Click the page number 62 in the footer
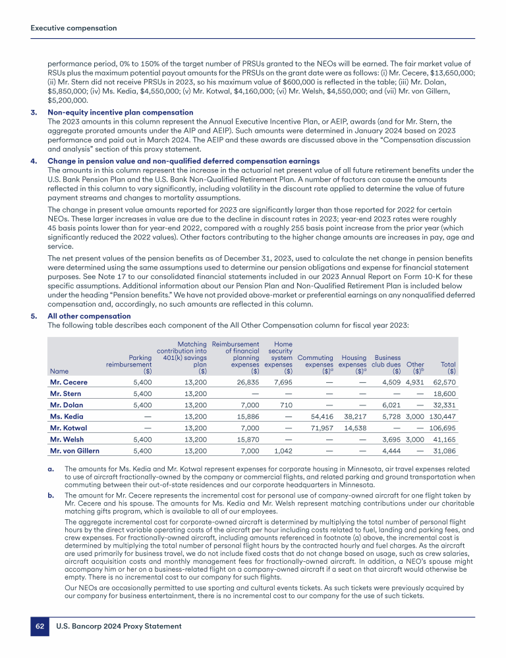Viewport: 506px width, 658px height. point(39,627)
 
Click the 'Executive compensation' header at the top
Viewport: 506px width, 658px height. point(74,28)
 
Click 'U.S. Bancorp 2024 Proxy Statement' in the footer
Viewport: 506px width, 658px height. point(119,627)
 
